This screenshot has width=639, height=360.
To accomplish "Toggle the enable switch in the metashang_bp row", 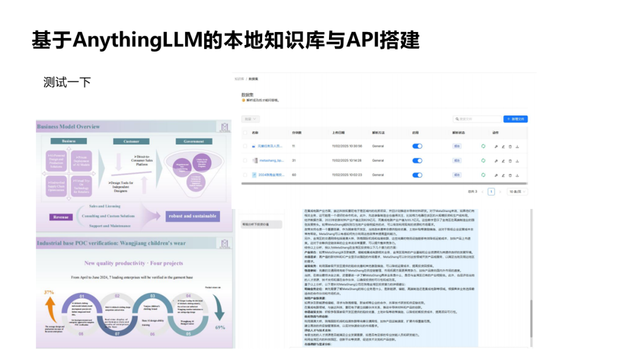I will coord(417,160).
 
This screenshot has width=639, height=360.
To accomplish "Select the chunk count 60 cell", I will coord(294,175).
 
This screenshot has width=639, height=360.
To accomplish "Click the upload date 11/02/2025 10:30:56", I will coord(347,146).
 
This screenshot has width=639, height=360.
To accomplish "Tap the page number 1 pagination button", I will coord(491,192).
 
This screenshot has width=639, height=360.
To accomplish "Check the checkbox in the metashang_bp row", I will coord(246,160).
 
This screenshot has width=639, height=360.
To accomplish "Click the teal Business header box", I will coord(69,142).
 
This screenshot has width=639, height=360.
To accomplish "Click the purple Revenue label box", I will coord(61,217).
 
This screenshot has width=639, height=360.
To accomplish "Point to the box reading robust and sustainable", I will coord(192,216).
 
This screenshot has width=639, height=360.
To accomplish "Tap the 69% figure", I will coord(220,327).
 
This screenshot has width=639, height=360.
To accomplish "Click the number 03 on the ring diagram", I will coord(153,295).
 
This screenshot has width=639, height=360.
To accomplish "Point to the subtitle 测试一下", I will coord(67,82).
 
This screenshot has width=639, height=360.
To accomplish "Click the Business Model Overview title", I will coord(69,127).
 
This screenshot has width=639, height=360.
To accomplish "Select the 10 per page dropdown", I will coord(517,192).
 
